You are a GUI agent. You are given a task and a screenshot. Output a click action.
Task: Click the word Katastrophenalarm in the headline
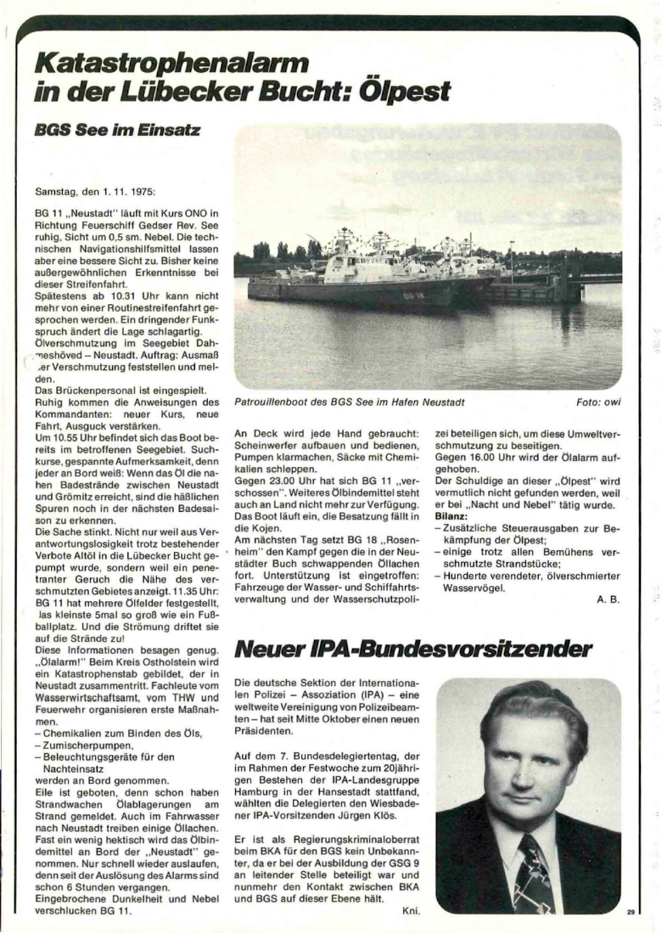click(171, 62)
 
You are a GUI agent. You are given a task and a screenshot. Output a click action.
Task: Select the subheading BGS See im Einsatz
click(118, 130)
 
